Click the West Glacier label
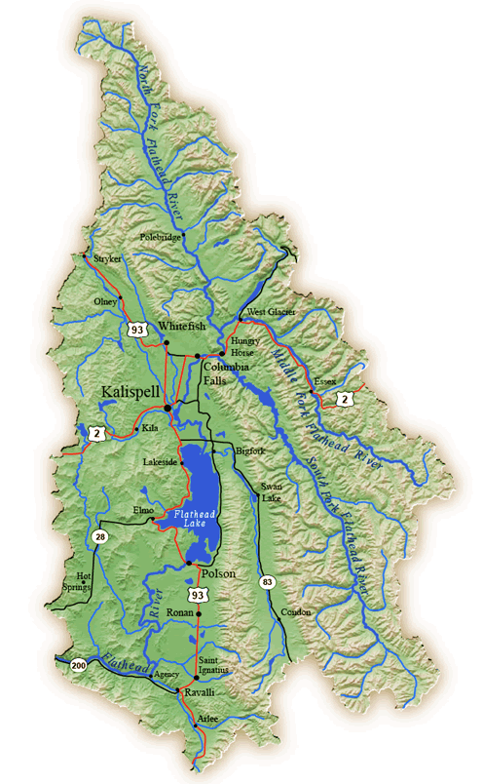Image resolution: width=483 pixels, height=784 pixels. coord(271,311)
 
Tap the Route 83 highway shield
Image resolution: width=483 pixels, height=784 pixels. coord(267,582)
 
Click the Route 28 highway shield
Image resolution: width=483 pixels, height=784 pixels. coord(99,537)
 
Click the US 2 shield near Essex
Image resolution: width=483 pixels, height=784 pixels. coord(343,398)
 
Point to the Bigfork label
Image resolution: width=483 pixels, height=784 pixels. coord(250,451)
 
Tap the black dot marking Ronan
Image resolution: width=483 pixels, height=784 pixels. coord(199,613)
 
